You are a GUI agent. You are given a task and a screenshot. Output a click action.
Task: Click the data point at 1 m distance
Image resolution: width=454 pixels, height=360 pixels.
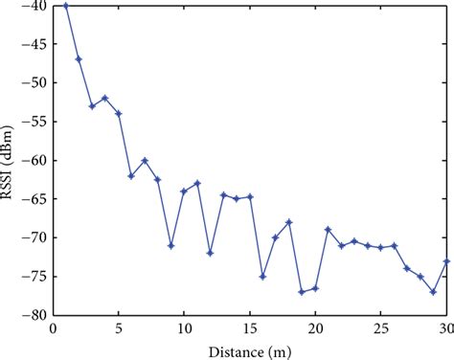pyautogui.click(x=65, y=6)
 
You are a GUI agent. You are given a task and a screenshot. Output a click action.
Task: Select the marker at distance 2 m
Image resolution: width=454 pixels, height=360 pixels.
pyautogui.click(x=79, y=59)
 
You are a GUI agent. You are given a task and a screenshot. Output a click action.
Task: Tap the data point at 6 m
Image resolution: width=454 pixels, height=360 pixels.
pyautogui.click(x=131, y=176)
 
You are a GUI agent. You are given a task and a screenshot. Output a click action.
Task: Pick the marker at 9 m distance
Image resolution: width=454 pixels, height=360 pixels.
pyautogui.click(x=170, y=246)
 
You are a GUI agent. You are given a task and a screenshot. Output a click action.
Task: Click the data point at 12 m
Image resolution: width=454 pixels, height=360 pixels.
pyautogui.click(x=210, y=254)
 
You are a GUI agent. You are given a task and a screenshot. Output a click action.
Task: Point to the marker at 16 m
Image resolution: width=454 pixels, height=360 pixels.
pyautogui.click(x=262, y=277)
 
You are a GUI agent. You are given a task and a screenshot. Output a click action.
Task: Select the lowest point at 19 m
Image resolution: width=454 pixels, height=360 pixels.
pyautogui.click(x=302, y=292)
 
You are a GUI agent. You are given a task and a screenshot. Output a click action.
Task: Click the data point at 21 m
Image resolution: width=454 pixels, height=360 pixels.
pyautogui.click(x=328, y=230)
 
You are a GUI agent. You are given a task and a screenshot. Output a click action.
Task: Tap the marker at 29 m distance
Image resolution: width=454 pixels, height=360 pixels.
pyautogui.click(x=433, y=292)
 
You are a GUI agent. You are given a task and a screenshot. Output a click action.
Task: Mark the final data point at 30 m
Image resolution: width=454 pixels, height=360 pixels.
pyautogui.click(x=446, y=261)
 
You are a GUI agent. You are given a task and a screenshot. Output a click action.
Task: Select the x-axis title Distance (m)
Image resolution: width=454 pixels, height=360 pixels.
pyautogui.click(x=249, y=350)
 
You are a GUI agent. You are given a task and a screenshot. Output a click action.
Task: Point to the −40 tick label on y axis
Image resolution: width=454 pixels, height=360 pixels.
pyautogui.click(x=35, y=7)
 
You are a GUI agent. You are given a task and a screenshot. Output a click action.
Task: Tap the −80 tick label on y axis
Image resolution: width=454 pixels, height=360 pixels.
pyautogui.click(x=35, y=315)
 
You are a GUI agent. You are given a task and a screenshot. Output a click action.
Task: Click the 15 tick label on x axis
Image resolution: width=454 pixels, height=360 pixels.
pyautogui.click(x=249, y=328)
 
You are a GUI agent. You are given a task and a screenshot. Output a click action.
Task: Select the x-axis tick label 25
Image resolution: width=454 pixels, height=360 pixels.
pyautogui.click(x=380, y=328)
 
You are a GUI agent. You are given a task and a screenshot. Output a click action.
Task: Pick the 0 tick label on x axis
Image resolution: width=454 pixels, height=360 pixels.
pyautogui.click(x=53, y=328)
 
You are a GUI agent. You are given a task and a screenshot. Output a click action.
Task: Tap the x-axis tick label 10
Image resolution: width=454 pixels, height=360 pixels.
pyautogui.click(x=184, y=328)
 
